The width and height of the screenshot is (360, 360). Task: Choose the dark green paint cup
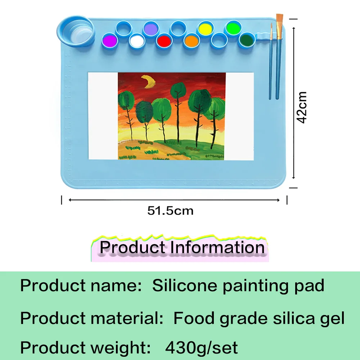pyautogui.click(x=247, y=39)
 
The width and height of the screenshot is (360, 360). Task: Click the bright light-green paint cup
pyautogui.click(x=233, y=28)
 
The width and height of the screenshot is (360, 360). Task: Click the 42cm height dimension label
pyautogui.click(x=302, y=108)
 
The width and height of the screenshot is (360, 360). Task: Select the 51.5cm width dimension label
pyautogui.click(x=170, y=211)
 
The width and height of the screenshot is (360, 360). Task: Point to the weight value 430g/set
pyautogui.click(x=202, y=348)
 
